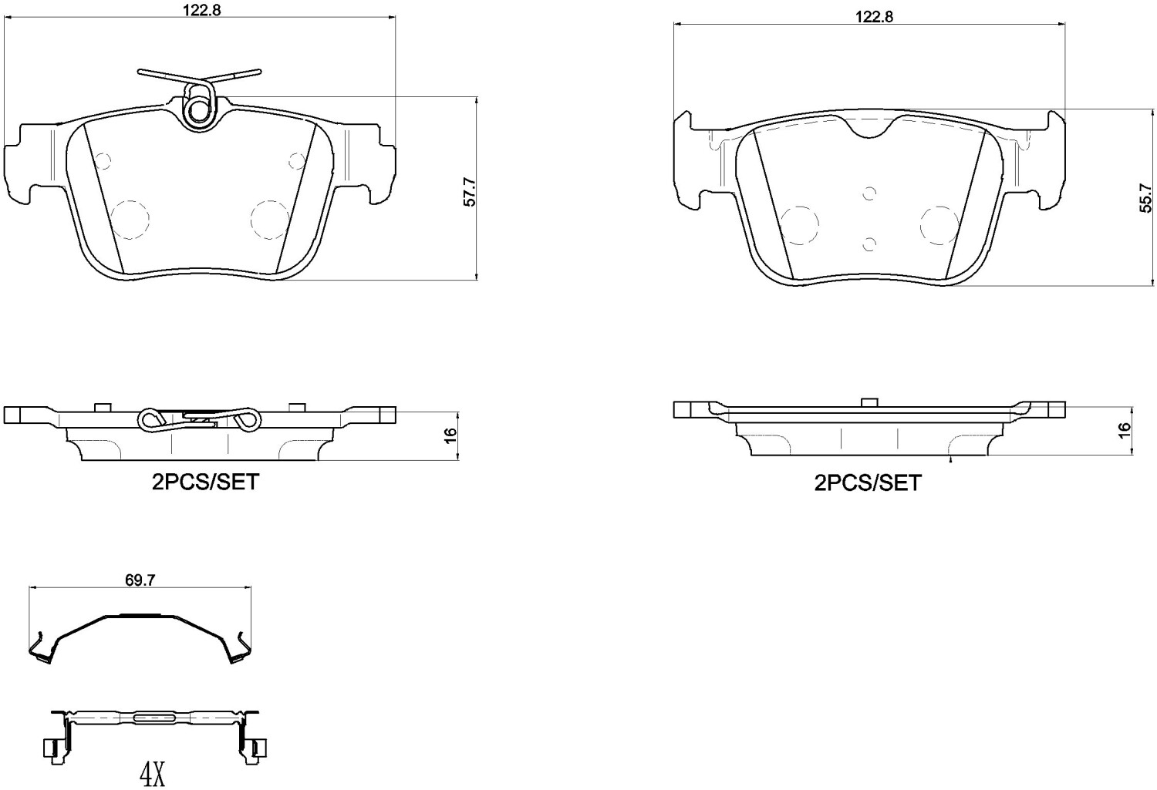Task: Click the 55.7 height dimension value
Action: point(1147,198)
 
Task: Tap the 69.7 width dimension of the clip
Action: point(140,580)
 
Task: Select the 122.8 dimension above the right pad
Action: point(874,17)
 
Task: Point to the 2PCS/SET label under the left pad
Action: point(204,482)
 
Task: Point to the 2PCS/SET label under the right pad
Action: point(868,482)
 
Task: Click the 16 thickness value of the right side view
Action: point(1125,429)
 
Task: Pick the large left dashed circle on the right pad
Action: point(798,224)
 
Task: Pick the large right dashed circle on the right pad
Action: point(940,224)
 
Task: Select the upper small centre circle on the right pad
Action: point(869,193)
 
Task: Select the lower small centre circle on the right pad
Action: point(869,244)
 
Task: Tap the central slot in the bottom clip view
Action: point(155,718)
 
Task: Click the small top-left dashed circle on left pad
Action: point(103,161)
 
